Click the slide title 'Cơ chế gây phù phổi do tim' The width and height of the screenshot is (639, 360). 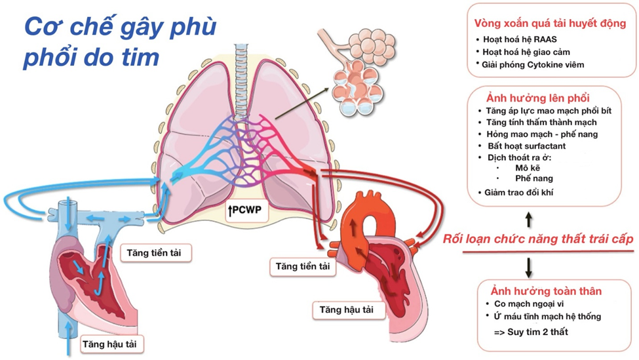[x=120, y=43]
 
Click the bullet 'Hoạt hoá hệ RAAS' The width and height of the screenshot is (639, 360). [x=520, y=39]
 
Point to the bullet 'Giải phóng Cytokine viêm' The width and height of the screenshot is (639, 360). [x=533, y=64]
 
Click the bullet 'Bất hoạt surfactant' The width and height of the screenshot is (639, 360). [x=522, y=146]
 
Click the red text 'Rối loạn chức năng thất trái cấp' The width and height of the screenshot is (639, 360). [x=537, y=239]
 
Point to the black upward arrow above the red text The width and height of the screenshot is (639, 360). [x=529, y=217]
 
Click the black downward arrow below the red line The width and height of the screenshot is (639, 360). [x=529, y=266]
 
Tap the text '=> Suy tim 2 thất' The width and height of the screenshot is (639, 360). [x=531, y=332]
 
